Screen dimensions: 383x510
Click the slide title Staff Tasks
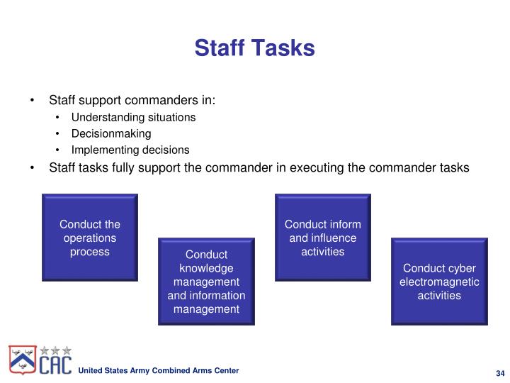(x=254, y=48)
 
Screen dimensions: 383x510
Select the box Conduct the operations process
(x=89, y=237)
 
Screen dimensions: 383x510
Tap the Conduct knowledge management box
(x=206, y=281)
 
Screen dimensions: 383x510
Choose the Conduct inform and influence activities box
(x=322, y=237)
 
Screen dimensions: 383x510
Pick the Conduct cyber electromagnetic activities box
(x=439, y=281)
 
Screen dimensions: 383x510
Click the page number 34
(x=499, y=374)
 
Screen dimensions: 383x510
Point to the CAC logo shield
(x=23, y=361)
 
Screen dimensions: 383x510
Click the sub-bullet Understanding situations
(x=133, y=117)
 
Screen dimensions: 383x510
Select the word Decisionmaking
(x=111, y=133)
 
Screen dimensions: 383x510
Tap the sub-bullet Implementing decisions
(x=130, y=150)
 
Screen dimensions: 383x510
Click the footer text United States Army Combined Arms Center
(x=158, y=371)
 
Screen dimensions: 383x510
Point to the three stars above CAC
(x=55, y=350)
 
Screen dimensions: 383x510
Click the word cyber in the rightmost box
(x=461, y=268)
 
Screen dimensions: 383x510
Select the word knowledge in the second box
(x=206, y=268)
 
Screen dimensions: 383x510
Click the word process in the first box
(x=89, y=252)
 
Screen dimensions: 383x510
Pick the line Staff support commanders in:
(x=132, y=100)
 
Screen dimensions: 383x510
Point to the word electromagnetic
(x=439, y=282)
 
